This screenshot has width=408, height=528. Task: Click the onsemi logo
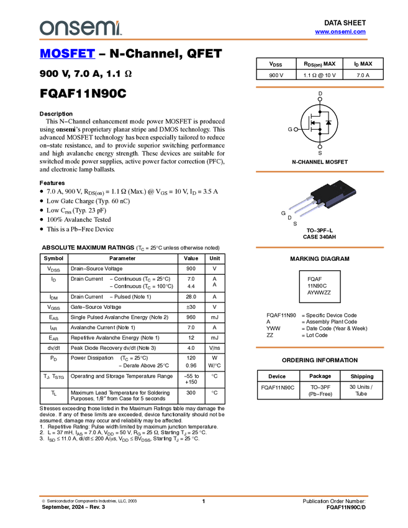click(x=81, y=28)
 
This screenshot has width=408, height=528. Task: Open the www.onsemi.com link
click(x=340, y=32)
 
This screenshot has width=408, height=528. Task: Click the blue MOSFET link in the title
click(x=67, y=53)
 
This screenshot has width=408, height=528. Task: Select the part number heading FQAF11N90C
click(x=83, y=93)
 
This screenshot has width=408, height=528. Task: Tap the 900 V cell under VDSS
click(x=276, y=75)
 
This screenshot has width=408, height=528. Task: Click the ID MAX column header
click(x=363, y=64)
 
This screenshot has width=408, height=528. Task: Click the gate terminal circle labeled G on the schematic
click(x=296, y=129)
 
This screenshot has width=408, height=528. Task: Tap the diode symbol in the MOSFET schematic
click(x=329, y=122)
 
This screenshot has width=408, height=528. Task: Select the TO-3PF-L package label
click(x=319, y=230)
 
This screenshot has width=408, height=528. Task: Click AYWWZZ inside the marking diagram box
click(x=319, y=293)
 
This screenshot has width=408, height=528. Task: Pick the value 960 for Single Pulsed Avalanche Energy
click(x=191, y=317)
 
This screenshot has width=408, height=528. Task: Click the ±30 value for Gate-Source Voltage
click(x=191, y=307)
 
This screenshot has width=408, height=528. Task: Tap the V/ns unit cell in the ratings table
click(x=214, y=348)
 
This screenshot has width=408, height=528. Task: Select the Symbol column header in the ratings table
click(x=53, y=258)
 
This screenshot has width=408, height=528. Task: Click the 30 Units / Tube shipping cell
click(x=361, y=390)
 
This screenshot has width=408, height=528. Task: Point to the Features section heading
click(x=52, y=183)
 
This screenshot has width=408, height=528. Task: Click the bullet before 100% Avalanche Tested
click(x=42, y=220)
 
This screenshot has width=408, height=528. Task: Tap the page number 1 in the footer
click(x=204, y=501)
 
